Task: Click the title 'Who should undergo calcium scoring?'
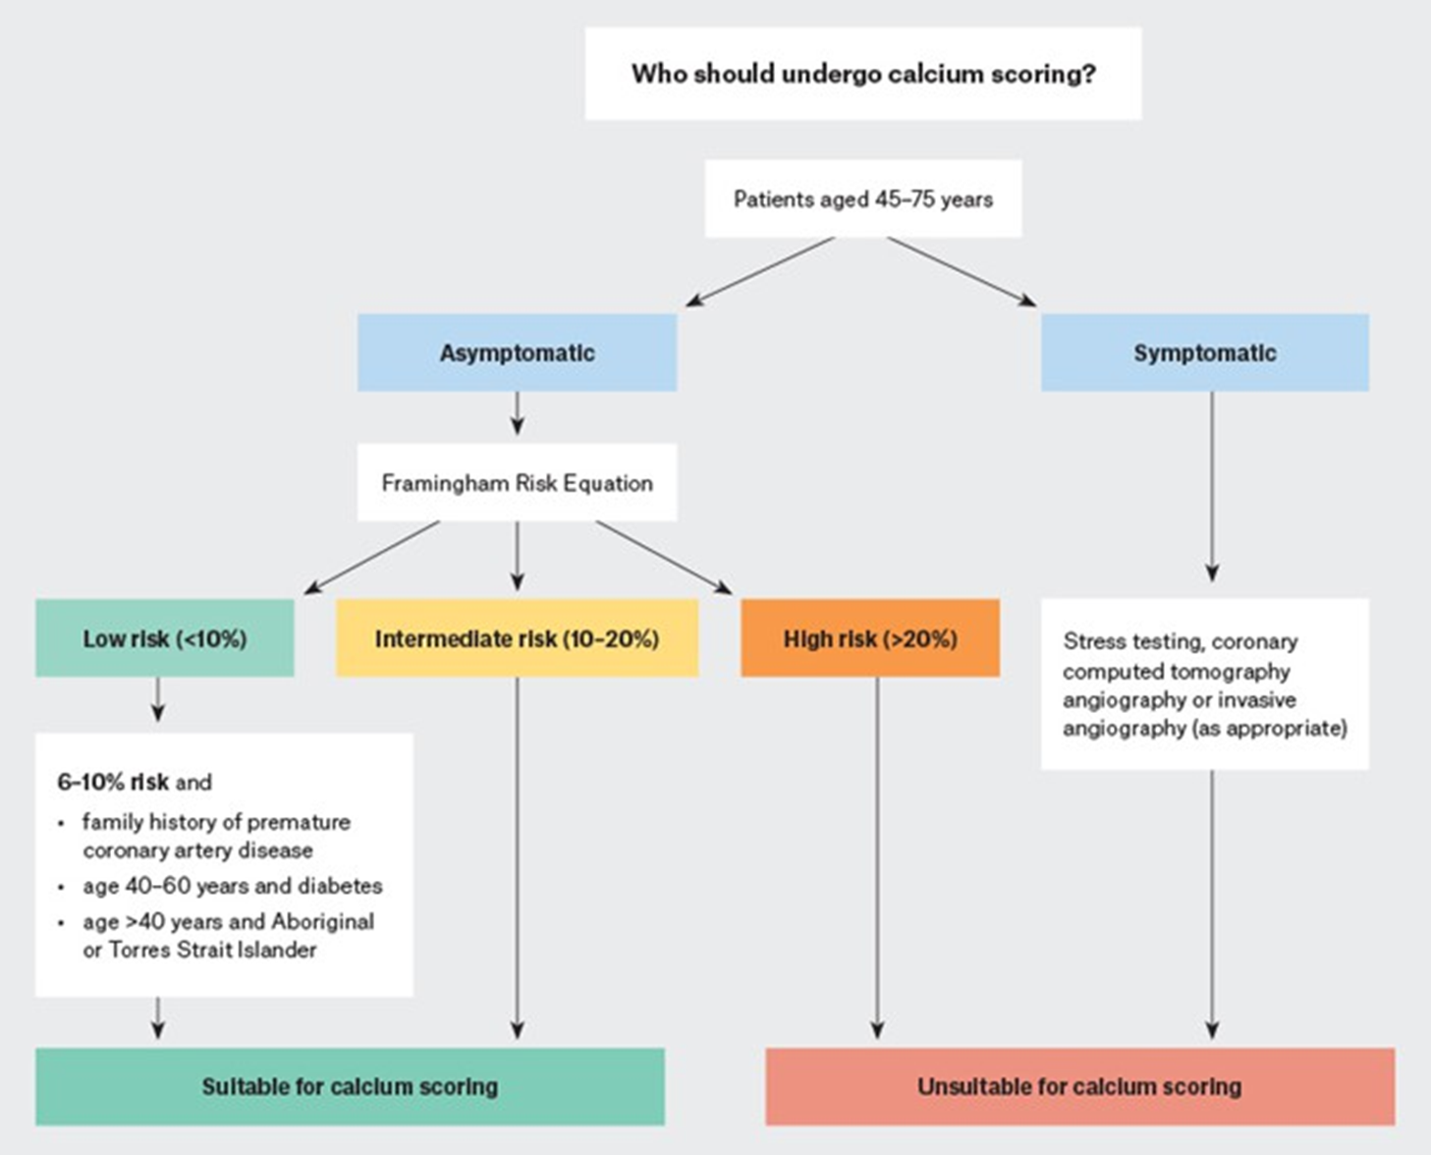coord(862,74)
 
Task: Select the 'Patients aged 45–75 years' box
coord(862,199)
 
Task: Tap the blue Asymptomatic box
coord(517,353)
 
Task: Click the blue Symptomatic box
coord(1204,353)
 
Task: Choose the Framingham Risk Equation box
coord(517,482)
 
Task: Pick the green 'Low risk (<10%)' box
coord(164,638)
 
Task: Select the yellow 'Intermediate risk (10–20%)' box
coord(517,638)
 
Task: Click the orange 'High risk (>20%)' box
coord(870,638)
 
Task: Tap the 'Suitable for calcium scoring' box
coord(350,1086)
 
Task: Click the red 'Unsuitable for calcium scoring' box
coord(1079,1086)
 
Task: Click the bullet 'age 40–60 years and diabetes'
coord(232,886)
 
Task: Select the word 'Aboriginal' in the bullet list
coord(322,921)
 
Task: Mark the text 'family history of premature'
coord(216,821)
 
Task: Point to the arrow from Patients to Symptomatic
coord(961,271)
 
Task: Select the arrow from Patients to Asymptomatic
coord(760,271)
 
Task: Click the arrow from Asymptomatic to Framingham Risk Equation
coord(518,412)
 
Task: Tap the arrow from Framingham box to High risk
coord(664,557)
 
